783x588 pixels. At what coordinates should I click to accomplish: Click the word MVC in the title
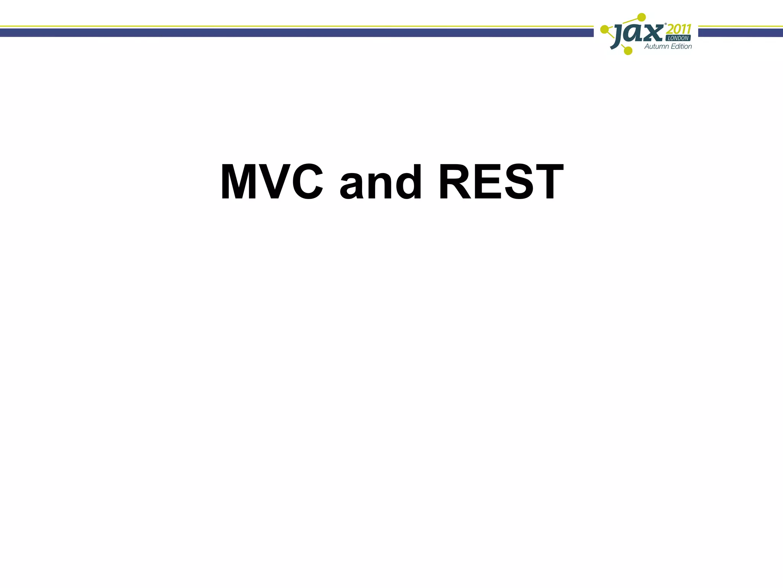(272, 182)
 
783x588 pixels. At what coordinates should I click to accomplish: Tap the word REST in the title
(501, 182)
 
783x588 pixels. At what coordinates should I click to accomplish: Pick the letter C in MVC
(304, 182)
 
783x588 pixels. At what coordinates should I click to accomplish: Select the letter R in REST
(455, 182)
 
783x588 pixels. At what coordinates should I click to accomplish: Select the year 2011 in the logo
(679, 29)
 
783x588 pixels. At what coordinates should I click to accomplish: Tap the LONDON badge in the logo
(678, 38)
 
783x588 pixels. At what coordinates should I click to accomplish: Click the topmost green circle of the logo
(642, 17)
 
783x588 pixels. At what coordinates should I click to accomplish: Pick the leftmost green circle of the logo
(604, 29)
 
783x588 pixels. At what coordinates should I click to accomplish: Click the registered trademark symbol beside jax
(666, 24)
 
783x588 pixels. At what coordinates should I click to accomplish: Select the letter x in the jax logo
(653, 34)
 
